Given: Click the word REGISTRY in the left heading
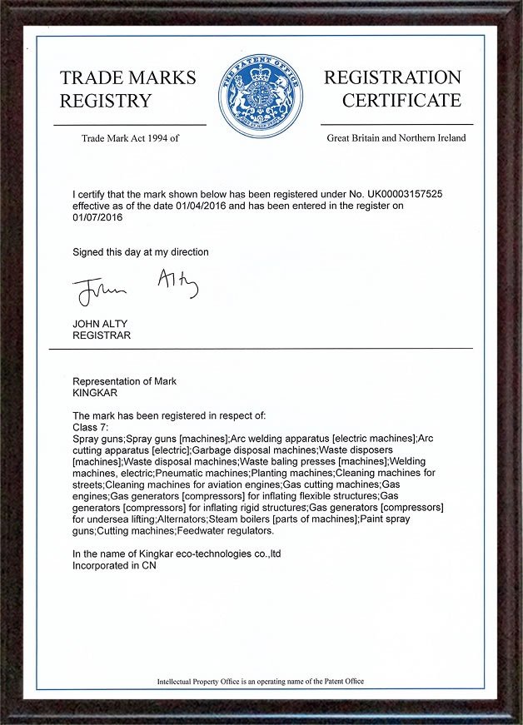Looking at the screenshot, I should [x=106, y=102].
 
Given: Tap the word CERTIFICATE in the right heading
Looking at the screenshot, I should [x=401, y=102].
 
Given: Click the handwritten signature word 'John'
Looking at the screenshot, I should [x=98, y=291].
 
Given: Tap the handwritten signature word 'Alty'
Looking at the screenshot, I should [x=177, y=285].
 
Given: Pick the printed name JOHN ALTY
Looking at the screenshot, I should [x=102, y=324].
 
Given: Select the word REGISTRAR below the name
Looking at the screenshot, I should [x=102, y=335].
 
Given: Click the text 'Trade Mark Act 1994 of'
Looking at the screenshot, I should [x=130, y=138].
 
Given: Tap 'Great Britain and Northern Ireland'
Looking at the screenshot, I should [x=396, y=138].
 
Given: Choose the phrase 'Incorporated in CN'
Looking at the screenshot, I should [x=115, y=565].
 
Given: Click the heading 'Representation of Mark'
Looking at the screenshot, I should [x=125, y=381].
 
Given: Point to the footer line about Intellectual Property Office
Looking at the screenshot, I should [x=261, y=682].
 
